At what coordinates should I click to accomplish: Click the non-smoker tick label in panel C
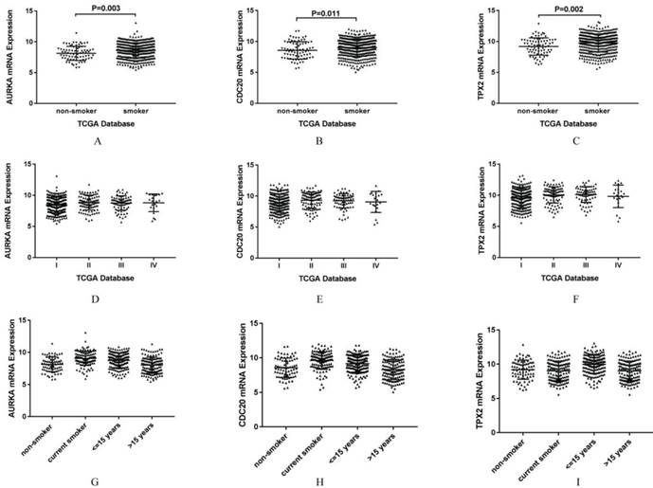pos(535,109)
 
